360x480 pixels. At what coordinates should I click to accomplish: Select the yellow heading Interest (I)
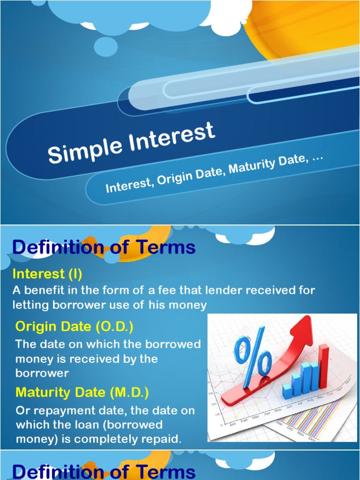pyautogui.click(x=47, y=273)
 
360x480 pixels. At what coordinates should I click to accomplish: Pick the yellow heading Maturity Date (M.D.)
pyautogui.click(x=82, y=392)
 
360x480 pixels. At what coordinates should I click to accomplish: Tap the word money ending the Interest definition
pyautogui.click(x=187, y=306)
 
